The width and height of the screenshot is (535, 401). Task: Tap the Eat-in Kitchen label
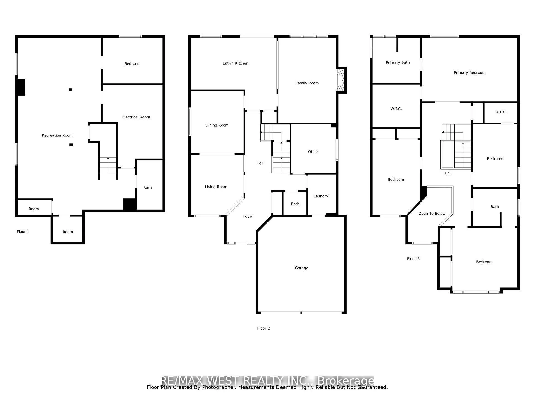pos(235,63)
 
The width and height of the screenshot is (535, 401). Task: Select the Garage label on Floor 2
pos(301,268)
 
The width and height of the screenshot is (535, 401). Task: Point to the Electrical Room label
pos(136,117)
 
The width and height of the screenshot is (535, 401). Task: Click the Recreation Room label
pos(57,135)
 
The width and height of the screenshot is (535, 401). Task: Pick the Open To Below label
pos(432,214)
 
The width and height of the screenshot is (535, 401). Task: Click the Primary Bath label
pos(398,62)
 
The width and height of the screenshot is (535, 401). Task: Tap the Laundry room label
pos(321,196)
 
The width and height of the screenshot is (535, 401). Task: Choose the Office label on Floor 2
pos(313,151)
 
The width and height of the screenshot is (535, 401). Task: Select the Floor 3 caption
pos(413,259)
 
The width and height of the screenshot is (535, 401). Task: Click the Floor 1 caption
pos(23,231)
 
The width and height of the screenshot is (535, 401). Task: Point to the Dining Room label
pos(217,125)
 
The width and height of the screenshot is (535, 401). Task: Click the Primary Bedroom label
pos(470,72)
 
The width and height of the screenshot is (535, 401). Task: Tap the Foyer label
pos(248,216)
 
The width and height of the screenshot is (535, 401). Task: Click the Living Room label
pos(216,187)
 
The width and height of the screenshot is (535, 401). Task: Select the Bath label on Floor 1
pos(147,188)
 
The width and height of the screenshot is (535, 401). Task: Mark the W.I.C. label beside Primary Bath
pos(396,109)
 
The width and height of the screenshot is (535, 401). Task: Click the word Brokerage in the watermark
pos(346,380)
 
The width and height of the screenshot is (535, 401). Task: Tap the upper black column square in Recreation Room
pos(70,90)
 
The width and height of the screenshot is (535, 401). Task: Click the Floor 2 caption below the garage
pos(263,328)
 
